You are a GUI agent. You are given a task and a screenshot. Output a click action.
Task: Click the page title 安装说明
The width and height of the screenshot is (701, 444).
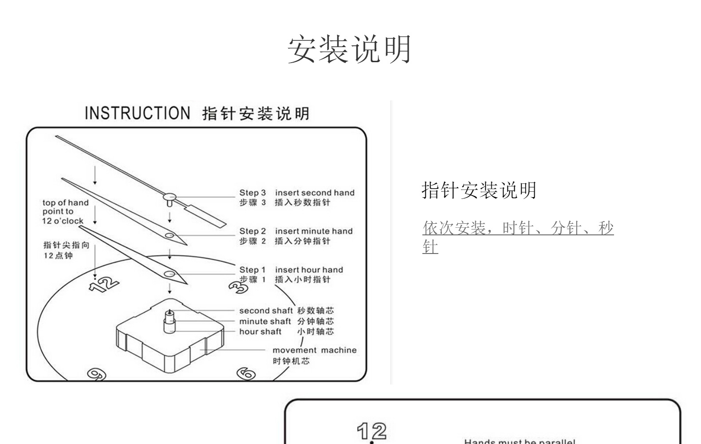[350, 49]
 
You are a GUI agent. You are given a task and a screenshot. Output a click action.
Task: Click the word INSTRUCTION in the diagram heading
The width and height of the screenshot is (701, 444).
[137, 113]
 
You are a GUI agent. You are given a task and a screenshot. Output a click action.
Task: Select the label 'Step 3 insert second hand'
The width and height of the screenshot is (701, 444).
[297, 193]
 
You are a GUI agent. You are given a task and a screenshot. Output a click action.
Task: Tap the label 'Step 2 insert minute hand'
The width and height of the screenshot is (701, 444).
[296, 231]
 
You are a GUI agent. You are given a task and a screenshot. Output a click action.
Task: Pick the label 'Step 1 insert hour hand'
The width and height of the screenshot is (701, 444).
[291, 270]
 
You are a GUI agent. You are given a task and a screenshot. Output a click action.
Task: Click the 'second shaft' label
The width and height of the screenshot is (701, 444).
[266, 311]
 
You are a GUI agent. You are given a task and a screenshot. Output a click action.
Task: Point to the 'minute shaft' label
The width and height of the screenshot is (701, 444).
[265, 321]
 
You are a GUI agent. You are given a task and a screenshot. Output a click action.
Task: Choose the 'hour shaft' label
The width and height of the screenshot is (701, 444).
[260, 332]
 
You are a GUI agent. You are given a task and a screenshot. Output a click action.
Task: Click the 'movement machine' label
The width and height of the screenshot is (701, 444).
[314, 350]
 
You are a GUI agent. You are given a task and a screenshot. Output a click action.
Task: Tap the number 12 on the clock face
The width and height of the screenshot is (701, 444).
[103, 284]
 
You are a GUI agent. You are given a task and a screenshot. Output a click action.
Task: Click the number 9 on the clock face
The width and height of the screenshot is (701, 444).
[96, 374]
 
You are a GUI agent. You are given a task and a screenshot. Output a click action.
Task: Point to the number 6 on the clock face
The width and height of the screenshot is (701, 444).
[246, 373]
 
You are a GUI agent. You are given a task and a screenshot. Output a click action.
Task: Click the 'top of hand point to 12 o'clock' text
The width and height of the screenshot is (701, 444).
[65, 212]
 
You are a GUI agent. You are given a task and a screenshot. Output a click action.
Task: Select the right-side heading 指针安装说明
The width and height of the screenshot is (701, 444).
[479, 190]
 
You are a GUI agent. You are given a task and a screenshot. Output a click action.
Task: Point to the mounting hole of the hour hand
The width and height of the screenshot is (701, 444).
[169, 274]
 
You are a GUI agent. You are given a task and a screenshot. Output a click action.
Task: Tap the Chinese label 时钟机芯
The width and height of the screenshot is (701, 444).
[291, 361]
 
